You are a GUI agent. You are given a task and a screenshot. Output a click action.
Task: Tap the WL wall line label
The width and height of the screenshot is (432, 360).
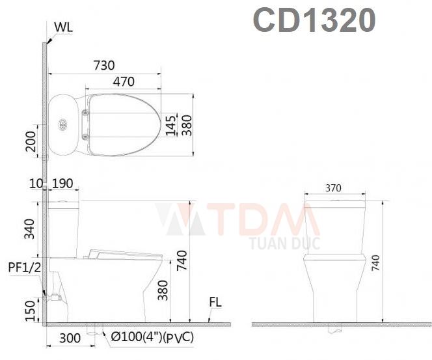click(x=63, y=27)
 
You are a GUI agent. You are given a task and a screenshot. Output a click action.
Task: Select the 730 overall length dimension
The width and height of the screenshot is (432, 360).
click(x=104, y=65)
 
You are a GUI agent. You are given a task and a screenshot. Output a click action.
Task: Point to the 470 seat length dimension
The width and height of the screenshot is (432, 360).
click(x=124, y=82)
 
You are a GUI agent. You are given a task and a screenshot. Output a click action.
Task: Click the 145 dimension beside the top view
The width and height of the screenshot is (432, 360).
click(x=170, y=124)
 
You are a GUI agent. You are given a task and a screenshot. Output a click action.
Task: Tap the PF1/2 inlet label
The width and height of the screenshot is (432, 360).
click(x=25, y=267)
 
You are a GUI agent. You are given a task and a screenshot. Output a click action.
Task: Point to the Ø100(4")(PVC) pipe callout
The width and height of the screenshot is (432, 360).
click(x=152, y=337)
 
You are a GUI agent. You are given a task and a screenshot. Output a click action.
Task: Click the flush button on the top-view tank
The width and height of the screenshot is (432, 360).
click(x=63, y=124)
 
